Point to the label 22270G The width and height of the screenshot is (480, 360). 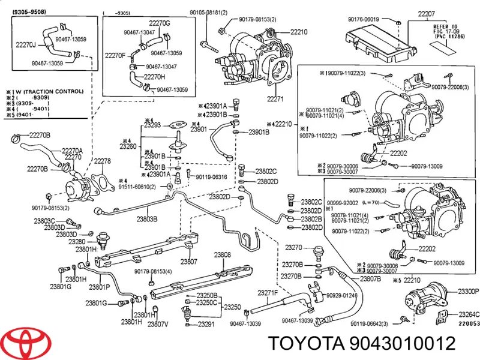(x=159, y=23)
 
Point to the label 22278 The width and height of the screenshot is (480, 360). (x=102, y=161)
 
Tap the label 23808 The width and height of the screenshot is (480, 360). (x=223, y=254)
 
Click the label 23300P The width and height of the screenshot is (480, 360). (x=468, y=291)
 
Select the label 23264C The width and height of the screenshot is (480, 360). (x=469, y=314)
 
